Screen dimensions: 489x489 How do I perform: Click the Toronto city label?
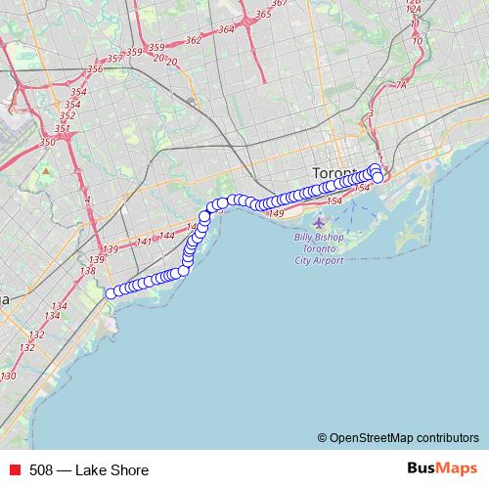[335, 172]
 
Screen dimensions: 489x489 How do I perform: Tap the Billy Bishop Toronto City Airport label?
[319, 248]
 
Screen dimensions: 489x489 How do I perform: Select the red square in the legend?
[14, 470]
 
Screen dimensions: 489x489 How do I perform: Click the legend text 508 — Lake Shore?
[89, 470]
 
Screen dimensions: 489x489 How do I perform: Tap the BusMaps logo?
[442, 469]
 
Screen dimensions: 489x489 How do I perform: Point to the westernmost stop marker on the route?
[111, 291]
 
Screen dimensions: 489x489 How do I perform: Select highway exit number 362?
[193, 40]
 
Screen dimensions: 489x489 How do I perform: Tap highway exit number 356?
[95, 68]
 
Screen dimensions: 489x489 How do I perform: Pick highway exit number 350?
[47, 143]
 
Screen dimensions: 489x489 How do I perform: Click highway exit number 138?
[87, 270]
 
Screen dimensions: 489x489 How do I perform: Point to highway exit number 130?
[9, 376]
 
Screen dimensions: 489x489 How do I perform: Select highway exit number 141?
[145, 241]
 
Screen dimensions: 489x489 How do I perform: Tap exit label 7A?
[400, 85]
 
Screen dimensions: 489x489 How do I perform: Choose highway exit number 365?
[262, 15]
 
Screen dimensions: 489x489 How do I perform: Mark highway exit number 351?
[62, 129]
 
